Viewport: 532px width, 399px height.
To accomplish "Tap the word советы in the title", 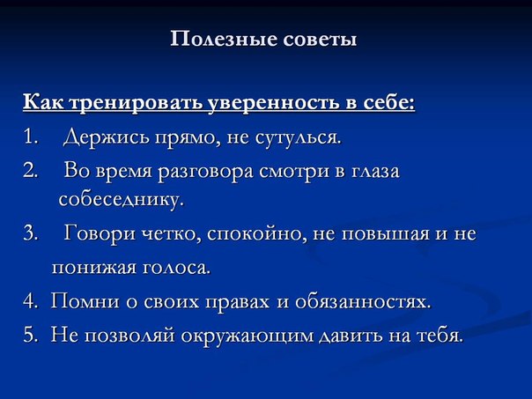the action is click(320, 40).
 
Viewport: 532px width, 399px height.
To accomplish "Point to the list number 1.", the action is click(31, 137).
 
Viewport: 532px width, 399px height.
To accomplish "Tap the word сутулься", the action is click(297, 138).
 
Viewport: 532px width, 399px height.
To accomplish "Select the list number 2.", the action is click(31, 170).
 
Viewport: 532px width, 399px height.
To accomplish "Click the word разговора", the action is click(205, 172).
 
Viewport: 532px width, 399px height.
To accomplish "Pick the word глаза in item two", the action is click(374, 171).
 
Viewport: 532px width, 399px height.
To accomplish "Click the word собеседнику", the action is click(122, 199).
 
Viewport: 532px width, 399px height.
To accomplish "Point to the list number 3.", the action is click(31, 233).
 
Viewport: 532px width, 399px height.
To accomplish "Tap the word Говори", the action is click(99, 234).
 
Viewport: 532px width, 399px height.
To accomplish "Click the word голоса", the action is click(176, 268).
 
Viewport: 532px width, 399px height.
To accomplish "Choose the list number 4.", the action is click(31, 301).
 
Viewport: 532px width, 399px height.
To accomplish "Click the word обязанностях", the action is click(363, 301).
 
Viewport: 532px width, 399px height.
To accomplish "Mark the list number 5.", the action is click(31, 335).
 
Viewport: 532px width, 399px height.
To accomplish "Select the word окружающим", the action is click(247, 336).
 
